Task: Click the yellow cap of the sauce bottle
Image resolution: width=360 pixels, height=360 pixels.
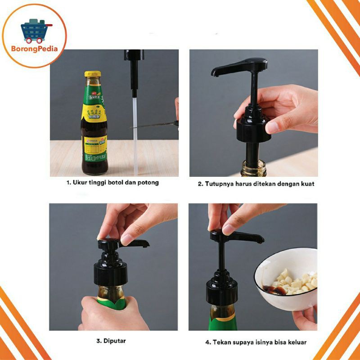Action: (x=92, y=74)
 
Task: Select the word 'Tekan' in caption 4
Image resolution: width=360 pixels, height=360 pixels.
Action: (x=223, y=342)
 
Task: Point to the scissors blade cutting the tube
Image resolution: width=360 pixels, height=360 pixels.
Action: (x=153, y=125)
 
